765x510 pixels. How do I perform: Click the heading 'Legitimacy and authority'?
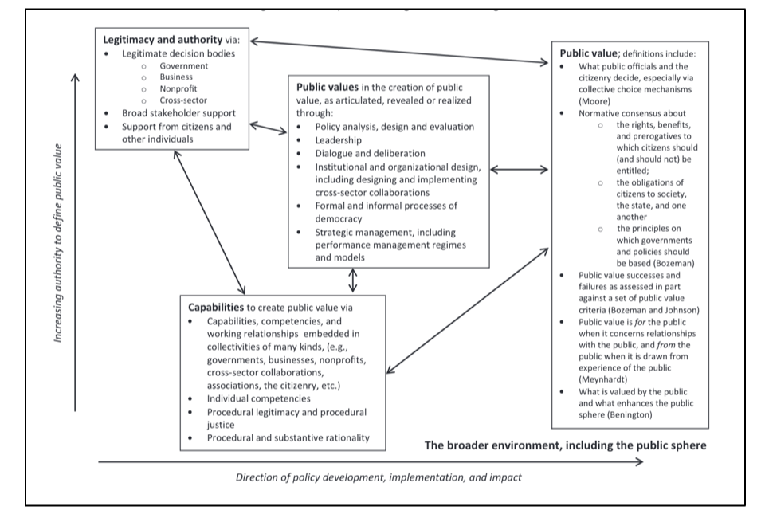coord(163,40)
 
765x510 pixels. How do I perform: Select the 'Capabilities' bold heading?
coord(216,307)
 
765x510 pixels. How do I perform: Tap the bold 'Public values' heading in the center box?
coord(327,88)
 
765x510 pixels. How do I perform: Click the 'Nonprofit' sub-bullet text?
coord(178,88)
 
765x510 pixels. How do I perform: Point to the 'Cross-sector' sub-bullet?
coord(183,100)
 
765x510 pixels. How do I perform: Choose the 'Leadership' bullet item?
coord(338,140)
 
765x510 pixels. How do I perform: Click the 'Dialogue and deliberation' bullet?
coord(370,153)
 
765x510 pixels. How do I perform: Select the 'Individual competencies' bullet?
coord(258,398)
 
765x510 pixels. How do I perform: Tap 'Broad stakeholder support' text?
coord(178,112)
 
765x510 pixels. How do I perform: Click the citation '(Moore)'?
coord(594,101)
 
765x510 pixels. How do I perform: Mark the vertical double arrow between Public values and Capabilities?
coord(353,280)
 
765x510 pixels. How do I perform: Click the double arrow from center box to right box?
coord(519,170)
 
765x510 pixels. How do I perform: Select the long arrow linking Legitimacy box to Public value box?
coord(399,52)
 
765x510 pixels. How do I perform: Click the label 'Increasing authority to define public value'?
coord(58,243)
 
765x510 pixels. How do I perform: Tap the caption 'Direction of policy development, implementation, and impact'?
coord(379,477)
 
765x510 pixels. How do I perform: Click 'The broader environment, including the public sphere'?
coord(565,445)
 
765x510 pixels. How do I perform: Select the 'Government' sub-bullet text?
coord(183,66)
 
